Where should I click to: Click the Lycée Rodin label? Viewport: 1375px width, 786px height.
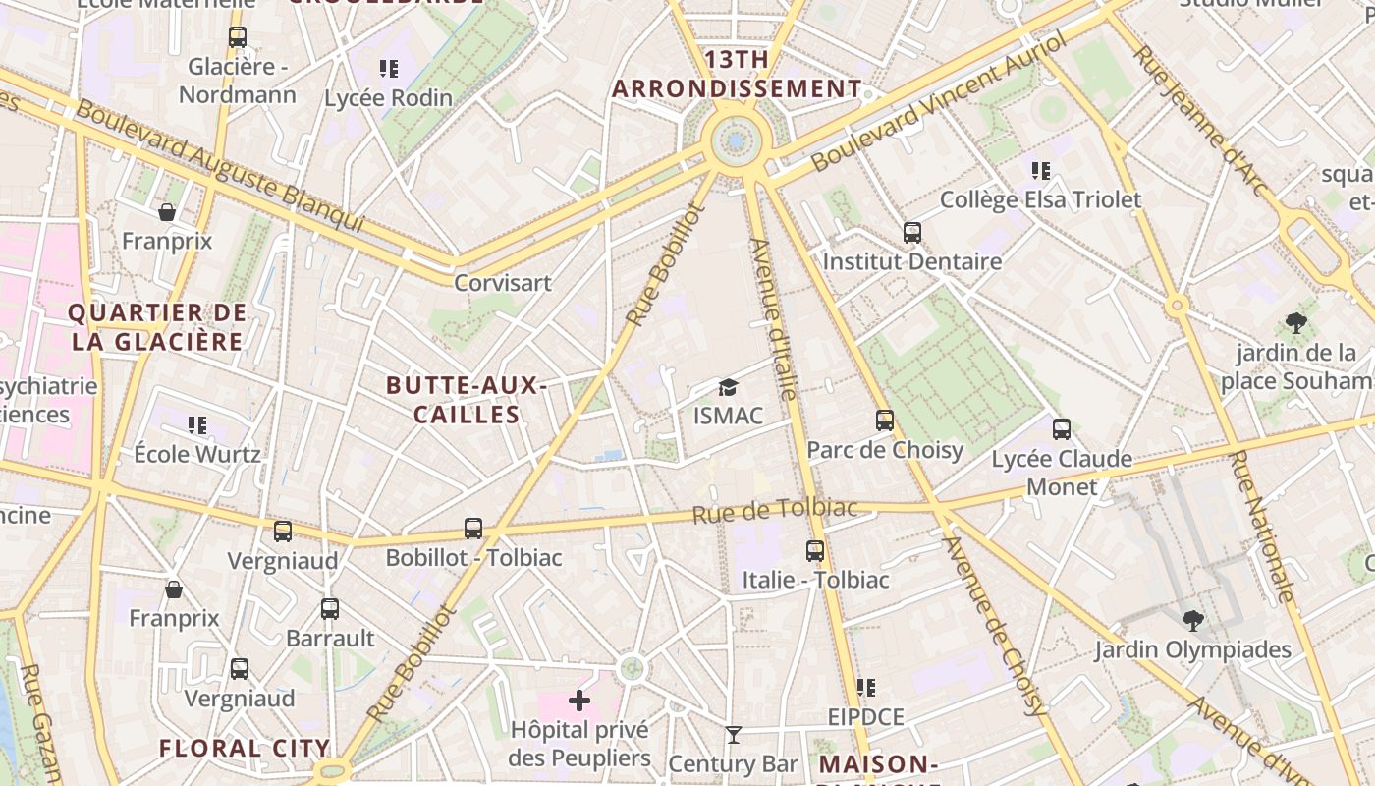pos(388,98)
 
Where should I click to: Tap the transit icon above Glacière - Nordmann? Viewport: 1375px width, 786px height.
pos(238,37)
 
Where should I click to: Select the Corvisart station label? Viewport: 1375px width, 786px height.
pos(502,283)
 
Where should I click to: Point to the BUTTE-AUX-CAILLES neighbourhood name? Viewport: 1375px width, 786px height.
pos(467,400)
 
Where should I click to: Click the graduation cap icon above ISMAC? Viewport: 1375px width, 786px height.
pos(728,388)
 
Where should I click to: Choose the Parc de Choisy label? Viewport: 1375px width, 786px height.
pos(884,450)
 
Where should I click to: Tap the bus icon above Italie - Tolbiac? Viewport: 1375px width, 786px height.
pos(815,551)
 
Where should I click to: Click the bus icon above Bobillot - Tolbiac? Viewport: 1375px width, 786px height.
pos(473,529)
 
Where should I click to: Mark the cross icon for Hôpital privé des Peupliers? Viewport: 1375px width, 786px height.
pos(579,701)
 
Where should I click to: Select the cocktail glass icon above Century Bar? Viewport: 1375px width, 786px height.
pos(733,735)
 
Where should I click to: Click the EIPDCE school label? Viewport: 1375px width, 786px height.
pos(865,717)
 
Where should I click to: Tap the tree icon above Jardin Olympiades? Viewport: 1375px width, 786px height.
pos(1193,620)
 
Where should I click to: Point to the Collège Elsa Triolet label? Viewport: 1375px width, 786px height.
pos(1040,200)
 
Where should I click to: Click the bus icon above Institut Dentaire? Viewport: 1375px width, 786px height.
pos(912,233)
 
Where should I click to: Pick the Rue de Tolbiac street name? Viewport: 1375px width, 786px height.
pos(774,511)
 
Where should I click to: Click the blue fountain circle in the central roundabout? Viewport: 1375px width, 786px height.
pos(736,142)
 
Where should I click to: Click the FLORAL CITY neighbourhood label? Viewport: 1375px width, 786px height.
pos(245,749)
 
